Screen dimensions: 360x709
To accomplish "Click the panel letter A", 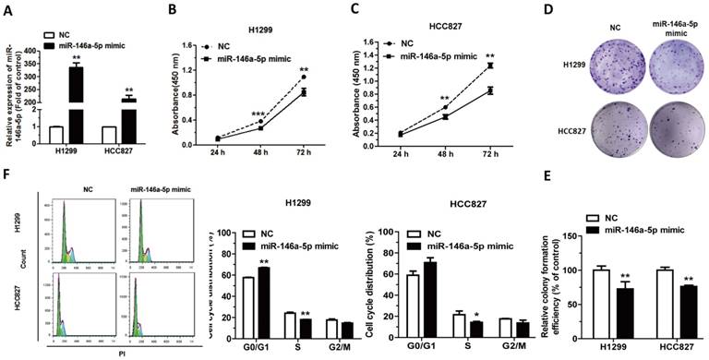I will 7,9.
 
